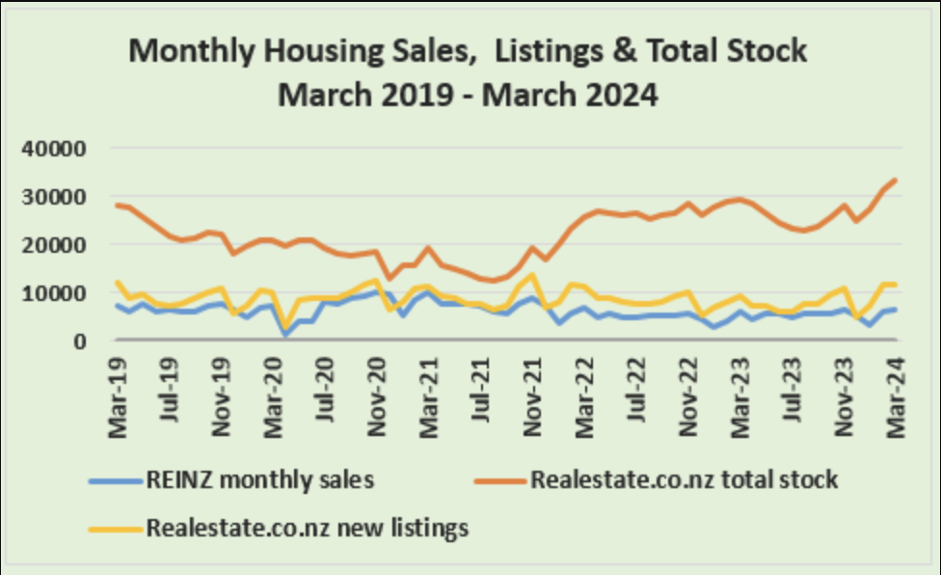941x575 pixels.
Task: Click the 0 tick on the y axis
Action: pyautogui.click(x=80, y=341)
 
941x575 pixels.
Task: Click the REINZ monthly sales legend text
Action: pyautogui.click(x=257, y=479)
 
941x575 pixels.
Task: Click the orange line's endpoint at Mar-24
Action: pyautogui.click(x=896, y=180)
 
